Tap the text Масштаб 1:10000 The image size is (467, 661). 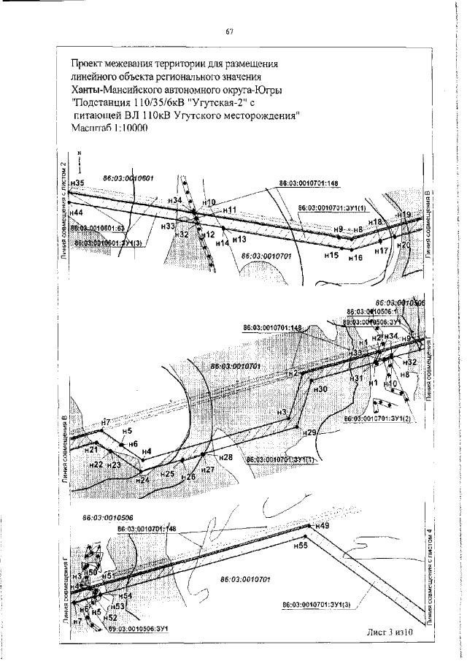point(109,128)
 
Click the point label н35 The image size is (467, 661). point(79,183)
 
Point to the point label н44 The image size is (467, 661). point(76,211)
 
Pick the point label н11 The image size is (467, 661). point(232,210)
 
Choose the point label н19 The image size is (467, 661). point(404,214)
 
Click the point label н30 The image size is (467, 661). point(320,390)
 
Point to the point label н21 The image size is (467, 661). point(81,449)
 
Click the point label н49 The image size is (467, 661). point(324,526)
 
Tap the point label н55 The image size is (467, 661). point(301,545)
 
